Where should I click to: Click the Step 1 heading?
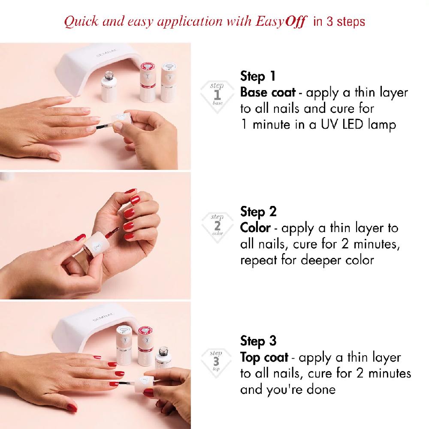click(258, 77)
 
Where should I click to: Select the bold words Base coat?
click(268, 93)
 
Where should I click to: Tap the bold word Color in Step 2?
click(255, 228)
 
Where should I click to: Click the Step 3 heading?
click(258, 341)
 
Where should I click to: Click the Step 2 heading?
click(258, 211)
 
